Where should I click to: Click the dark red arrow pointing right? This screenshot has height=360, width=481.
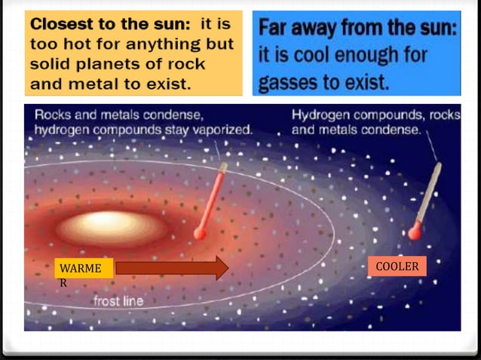coord(172,267)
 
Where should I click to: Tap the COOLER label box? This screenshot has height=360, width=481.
coord(397,266)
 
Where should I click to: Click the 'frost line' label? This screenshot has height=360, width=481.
coord(118,302)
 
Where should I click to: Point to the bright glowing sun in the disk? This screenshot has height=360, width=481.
coord(113,224)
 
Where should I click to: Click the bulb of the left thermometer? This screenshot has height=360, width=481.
coord(199,233)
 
